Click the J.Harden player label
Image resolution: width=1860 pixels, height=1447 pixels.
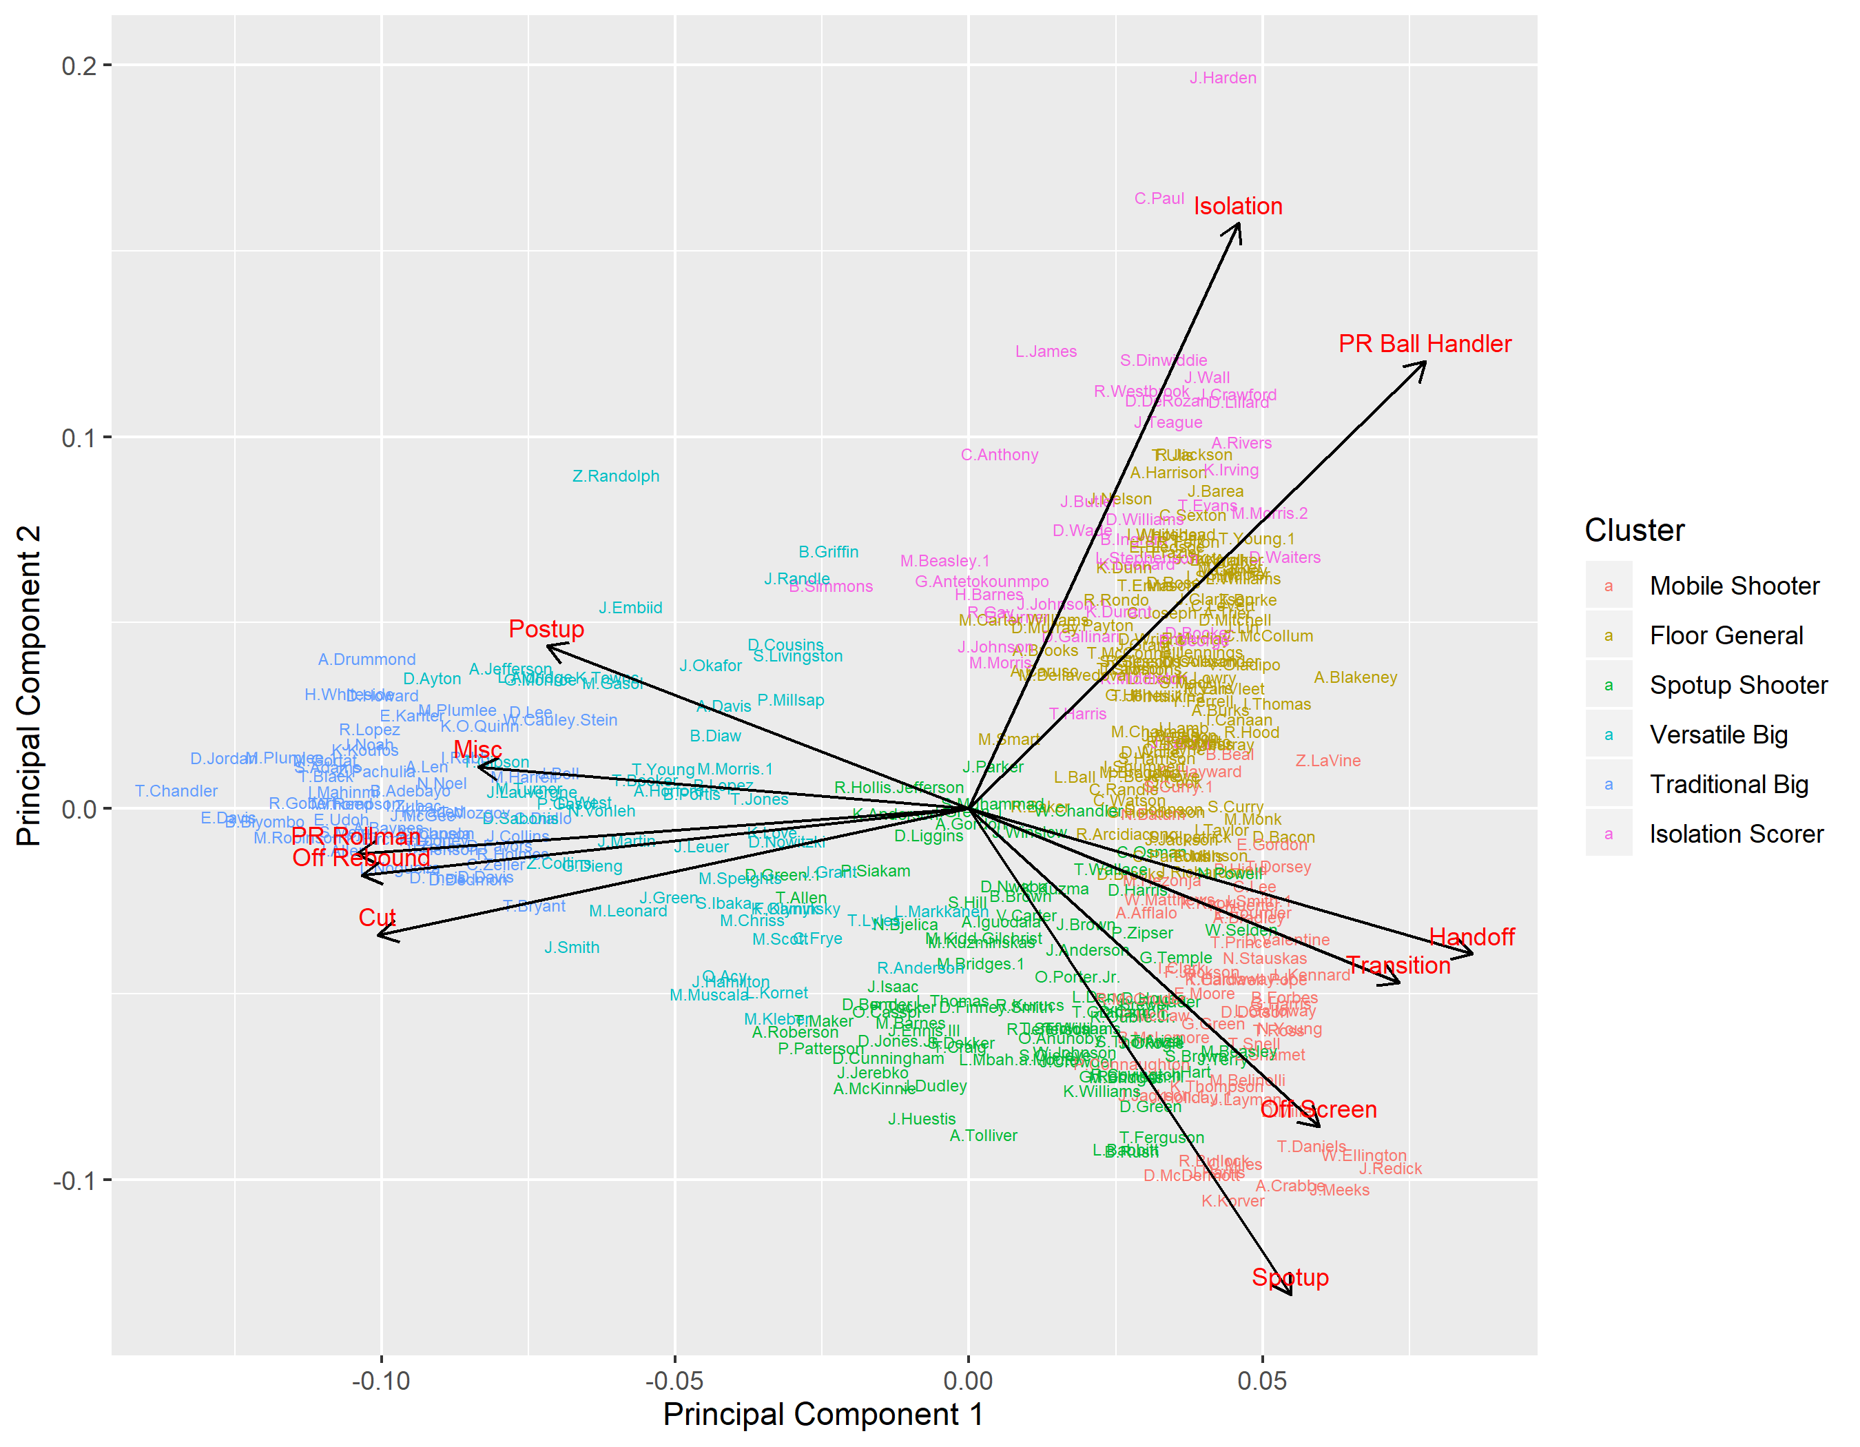[1222, 79]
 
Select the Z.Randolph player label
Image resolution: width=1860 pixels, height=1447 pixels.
[616, 476]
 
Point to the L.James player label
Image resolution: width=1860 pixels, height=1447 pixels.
[1045, 351]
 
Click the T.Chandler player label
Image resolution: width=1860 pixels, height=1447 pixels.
[176, 791]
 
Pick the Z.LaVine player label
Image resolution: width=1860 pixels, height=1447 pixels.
[1327, 761]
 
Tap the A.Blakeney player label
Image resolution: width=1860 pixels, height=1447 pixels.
[1355, 678]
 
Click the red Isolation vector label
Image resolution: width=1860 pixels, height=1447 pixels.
[1237, 206]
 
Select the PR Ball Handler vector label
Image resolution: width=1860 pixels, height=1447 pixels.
[1424, 344]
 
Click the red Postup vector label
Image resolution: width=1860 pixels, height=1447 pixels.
[546, 629]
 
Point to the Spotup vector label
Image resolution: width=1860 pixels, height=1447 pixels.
[1290, 1277]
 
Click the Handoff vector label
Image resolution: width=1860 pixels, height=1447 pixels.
[1471, 938]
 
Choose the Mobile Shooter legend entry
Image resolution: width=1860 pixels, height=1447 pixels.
[1733, 586]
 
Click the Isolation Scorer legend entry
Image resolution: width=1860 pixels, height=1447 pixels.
[1736, 834]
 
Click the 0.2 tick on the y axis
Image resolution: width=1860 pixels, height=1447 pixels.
[79, 65]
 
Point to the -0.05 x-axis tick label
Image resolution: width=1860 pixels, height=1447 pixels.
[674, 1381]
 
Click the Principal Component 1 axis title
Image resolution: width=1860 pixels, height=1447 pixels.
[823, 1415]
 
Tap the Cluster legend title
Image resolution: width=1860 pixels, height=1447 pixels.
[1633, 531]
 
